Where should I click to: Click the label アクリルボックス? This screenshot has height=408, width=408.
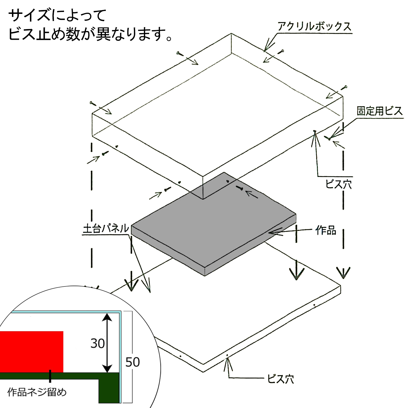tap(314, 26)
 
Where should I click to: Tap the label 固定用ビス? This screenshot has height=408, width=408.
tap(379, 111)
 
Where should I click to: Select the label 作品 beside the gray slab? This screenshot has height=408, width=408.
tap(326, 230)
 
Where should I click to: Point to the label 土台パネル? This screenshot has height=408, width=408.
tap(106, 228)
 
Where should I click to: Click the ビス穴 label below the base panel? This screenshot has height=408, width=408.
tap(280, 379)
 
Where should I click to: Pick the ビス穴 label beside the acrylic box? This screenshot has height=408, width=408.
tap(338, 184)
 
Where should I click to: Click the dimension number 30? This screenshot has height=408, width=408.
tap(98, 344)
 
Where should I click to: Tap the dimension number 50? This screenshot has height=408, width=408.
tap(132, 362)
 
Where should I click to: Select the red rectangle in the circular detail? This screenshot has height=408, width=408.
tap(31, 351)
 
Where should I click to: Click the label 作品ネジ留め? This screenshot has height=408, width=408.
tap(37, 392)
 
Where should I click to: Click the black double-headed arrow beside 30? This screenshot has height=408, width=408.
tap(108, 343)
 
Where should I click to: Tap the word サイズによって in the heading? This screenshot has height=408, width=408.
tap(57, 15)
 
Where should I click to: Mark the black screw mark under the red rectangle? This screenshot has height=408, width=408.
tap(50, 376)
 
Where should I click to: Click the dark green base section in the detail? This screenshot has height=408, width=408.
tap(109, 388)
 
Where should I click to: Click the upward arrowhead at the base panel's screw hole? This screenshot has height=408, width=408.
tap(228, 360)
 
